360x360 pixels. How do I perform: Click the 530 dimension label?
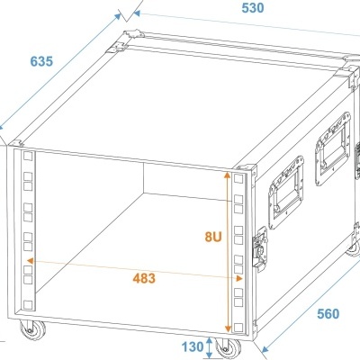[253, 8]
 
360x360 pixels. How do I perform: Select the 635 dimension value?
[41, 62]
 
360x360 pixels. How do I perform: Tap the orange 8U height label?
[211, 237]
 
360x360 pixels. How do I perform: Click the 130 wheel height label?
[191, 347]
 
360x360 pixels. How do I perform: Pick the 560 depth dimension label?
[328, 314]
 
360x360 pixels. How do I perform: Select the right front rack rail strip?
[238, 252]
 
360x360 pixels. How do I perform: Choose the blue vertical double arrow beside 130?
[210, 347]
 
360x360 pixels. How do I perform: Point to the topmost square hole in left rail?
[28, 157]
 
